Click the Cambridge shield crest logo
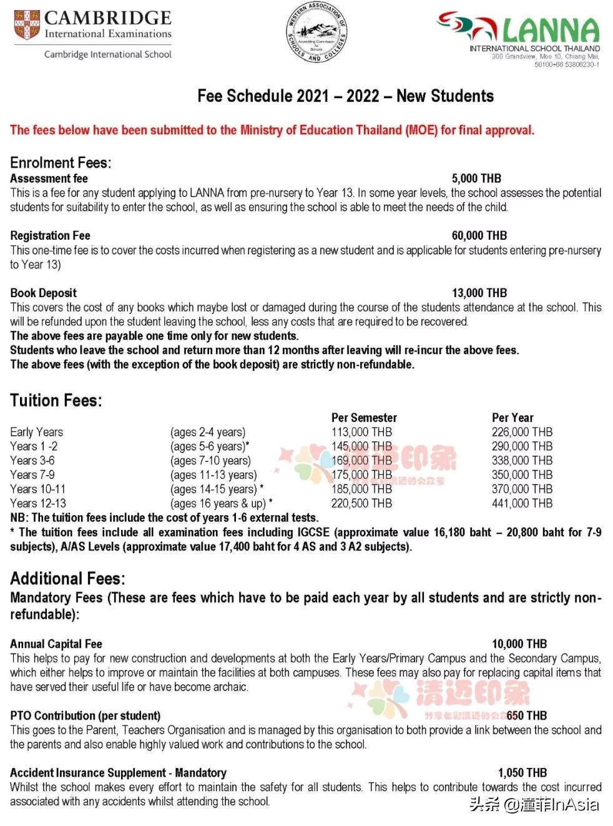click(x=27, y=25)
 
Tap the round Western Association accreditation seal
click(x=316, y=32)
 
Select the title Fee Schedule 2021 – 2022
click(x=345, y=96)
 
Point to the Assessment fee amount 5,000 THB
click(x=476, y=179)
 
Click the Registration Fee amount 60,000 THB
click(x=479, y=235)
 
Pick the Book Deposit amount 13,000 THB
click(x=479, y=293)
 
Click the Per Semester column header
click(x=364, y=418)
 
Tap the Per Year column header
click(x=512, y=418)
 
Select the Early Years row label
click(x=36, y=432)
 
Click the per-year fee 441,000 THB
click(x=522, y=503)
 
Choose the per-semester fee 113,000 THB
click(x=361, y=432)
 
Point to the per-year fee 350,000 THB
click(x=522, y=474)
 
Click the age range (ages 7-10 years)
click(x=210, y=461)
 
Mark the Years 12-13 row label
click(x=37, y=503)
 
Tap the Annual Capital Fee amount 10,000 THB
click(x=519, y=644)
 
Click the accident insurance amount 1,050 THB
click(x=522, y=772)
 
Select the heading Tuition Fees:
click(x=56, y=400)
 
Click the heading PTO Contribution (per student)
click(x=85, y=715)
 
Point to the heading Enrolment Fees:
click(x=61, y=163)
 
